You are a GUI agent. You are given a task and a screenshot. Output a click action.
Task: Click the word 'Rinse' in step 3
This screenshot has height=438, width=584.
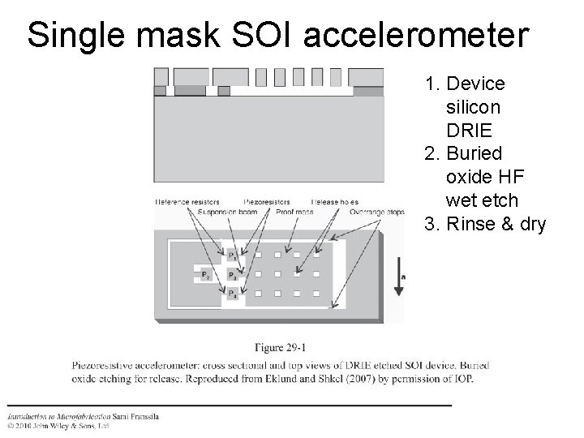(472, 223)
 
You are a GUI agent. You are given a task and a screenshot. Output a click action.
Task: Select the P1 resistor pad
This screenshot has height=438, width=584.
(232, 255)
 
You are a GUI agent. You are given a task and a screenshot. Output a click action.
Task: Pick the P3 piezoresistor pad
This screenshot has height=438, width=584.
(232, 275)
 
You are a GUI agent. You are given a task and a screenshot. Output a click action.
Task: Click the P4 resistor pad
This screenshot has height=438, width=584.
(232, 294)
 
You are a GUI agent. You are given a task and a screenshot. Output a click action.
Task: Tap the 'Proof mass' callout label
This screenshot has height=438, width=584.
(291, 213)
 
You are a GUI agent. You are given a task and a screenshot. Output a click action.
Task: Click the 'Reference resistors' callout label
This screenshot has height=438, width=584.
(187, 201)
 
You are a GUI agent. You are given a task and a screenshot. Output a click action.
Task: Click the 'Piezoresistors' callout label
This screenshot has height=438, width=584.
(271, 201)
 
